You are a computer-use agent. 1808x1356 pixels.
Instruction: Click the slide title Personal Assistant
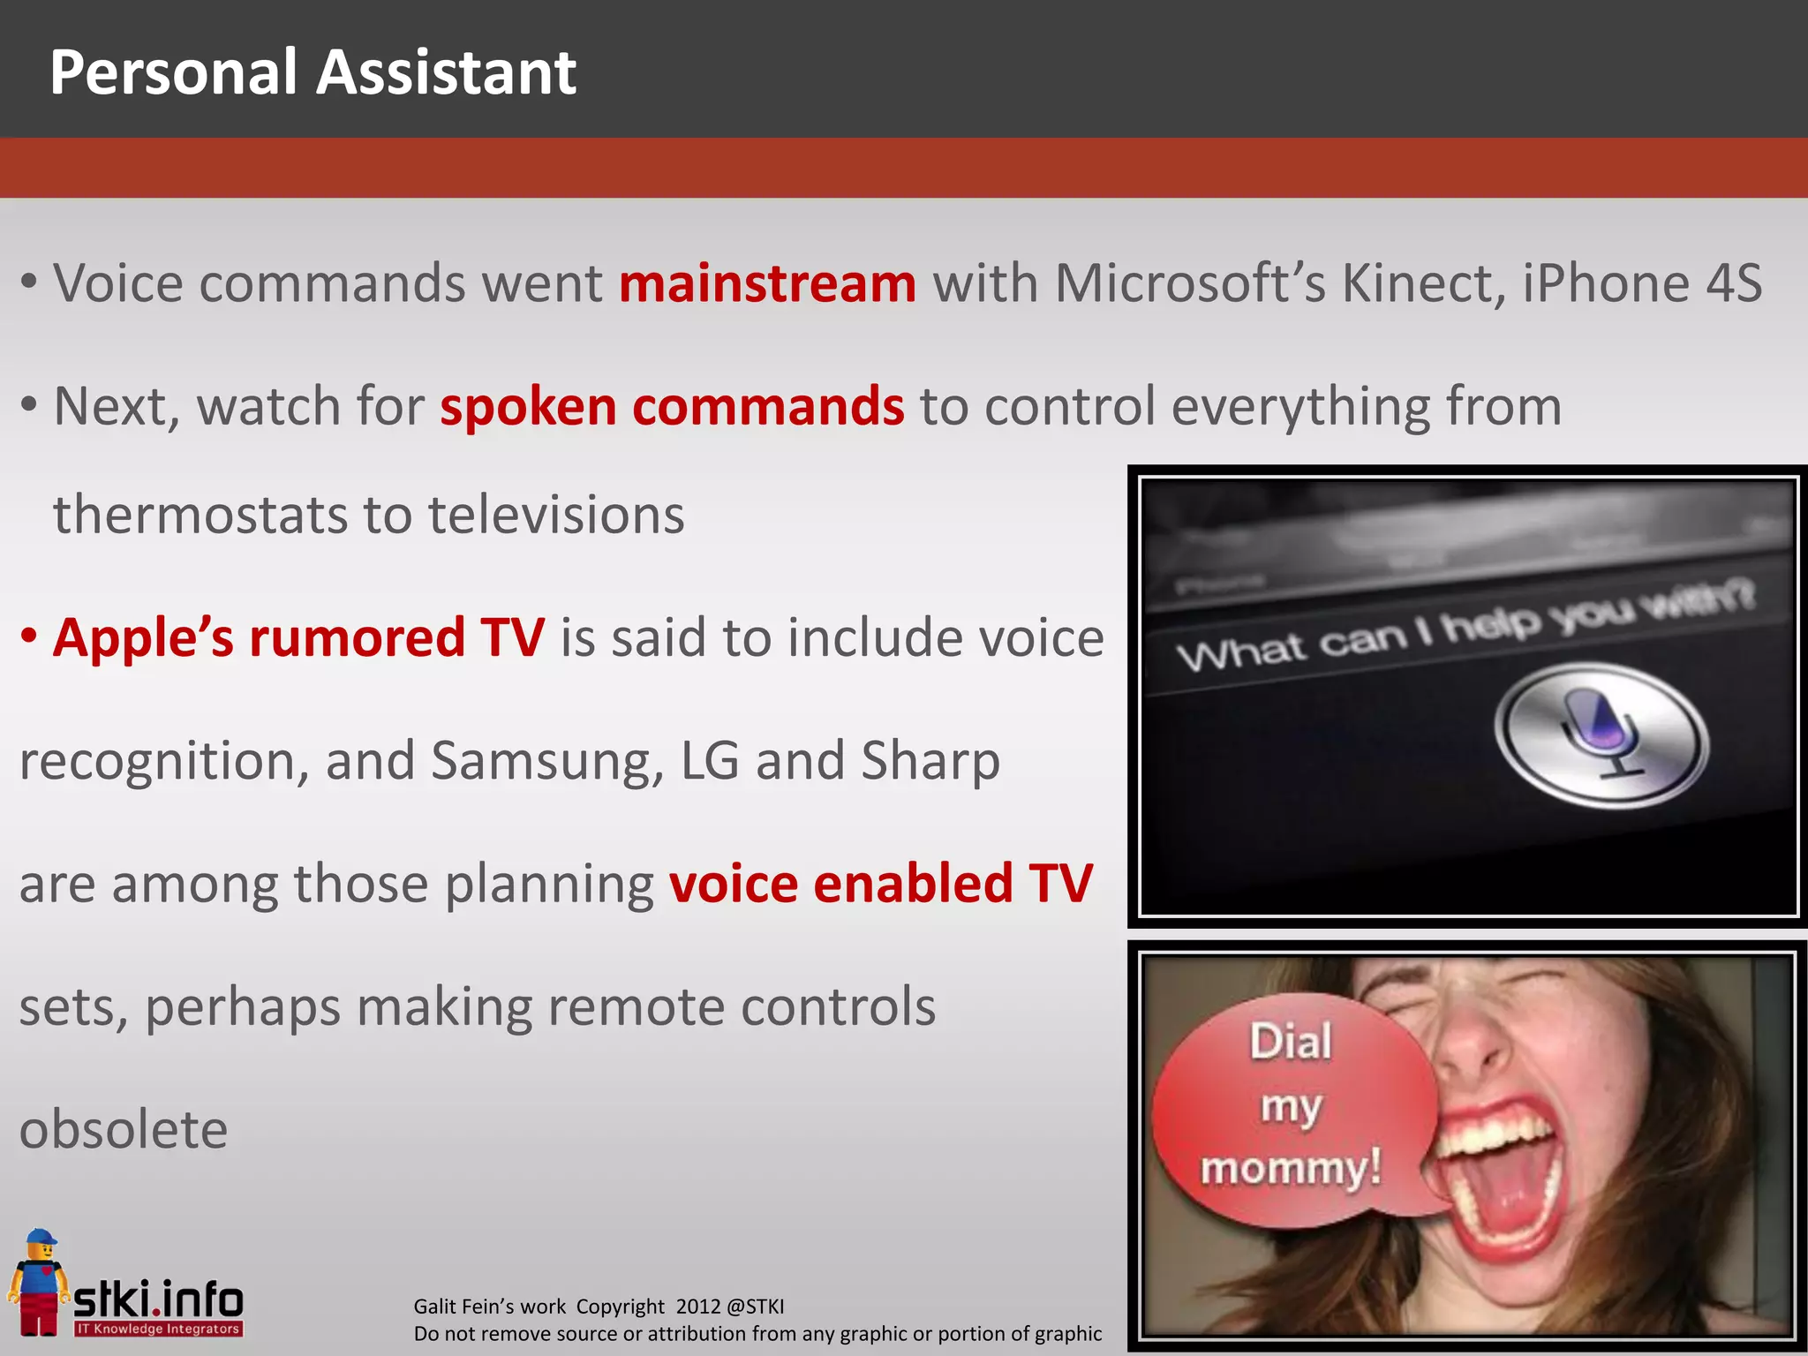click(313, 72)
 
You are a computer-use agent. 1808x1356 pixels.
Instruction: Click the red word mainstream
click(767, 283)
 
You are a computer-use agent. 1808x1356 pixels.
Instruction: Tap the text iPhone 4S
click(1642, 283)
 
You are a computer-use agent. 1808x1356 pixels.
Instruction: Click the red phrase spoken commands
click(672, 407)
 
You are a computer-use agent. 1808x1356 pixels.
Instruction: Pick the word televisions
click(556, 515)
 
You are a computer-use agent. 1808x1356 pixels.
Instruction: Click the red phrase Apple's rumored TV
click(298, 637)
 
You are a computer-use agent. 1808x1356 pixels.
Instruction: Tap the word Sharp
click(930, 761)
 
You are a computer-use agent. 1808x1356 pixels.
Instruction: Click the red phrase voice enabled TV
click(880, 884)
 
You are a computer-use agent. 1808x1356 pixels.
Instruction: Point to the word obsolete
click(124, 1130)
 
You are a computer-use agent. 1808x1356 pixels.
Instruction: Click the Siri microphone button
click(1601, 734)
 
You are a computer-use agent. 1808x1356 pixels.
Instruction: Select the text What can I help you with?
click(1465, 629)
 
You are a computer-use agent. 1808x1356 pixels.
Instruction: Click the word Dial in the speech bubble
click(1291, 1042)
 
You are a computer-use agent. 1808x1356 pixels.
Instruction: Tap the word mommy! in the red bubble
click(1291, 1169)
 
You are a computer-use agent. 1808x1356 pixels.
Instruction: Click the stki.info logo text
click(158, 1299)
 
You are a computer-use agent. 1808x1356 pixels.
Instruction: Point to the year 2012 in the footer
click(697, 1307)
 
